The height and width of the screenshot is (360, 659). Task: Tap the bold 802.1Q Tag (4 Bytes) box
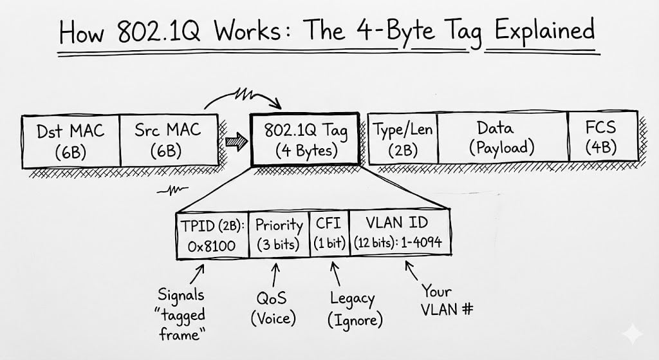[306, 140]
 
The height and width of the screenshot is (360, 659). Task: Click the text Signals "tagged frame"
[181, 314]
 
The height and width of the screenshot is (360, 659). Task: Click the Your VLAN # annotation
[446, 301]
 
